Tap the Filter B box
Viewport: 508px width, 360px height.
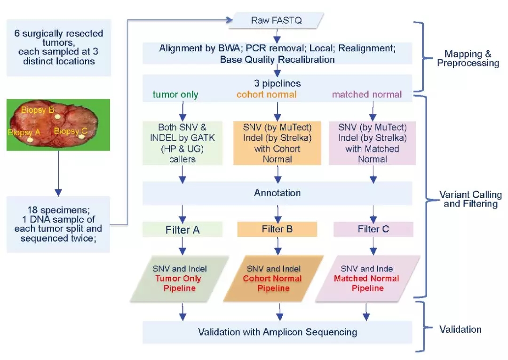pyautogui.click(x=277, y=229)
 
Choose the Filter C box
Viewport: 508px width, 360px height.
pyautogui.click(x=373, y=229)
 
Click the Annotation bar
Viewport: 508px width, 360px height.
pyautogui.click(x=277, y=193)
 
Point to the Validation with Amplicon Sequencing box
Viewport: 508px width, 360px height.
pyautogui.click(x=277, y=332)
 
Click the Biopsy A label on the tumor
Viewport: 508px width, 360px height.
pyautogui.click(x=24, y=132)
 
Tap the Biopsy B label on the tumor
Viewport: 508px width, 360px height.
pyautogui.click(x=38, y=110)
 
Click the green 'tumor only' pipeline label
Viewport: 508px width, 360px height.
pyautogui.click(x=175, y=95)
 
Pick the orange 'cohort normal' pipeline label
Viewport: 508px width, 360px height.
pyautogui.click(x=266, y=95)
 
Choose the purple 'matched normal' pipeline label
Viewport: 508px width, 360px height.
pyautogui.click(x=367, y=95)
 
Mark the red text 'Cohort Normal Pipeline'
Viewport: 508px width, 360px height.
pyautogui.click(x=273, y=283)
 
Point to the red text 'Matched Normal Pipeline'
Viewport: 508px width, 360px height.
pyautogui.click(x=367, y=283)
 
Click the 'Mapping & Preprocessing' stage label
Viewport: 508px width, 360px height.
pyautogui.click(x=468, y=59)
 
